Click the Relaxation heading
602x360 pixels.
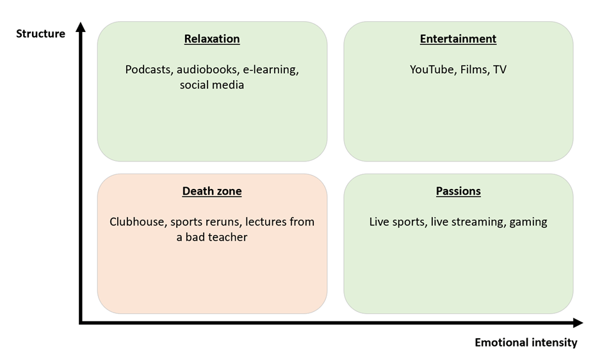(x=212, y=39)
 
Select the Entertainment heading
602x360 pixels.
(x=458, y=39)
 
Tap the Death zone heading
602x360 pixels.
(x=212, y=192)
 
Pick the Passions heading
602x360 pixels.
(x=458, y=192)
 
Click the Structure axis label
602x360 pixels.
(x=41, y=34)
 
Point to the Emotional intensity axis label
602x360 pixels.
(x=526, y=343)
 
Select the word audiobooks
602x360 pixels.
(x=204, y=70)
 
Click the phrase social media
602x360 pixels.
(x=212, y=85)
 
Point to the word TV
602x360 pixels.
(x=500, y=70)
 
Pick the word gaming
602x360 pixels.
(x=528, y=222)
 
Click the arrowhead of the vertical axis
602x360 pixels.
(x=81, y=27)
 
